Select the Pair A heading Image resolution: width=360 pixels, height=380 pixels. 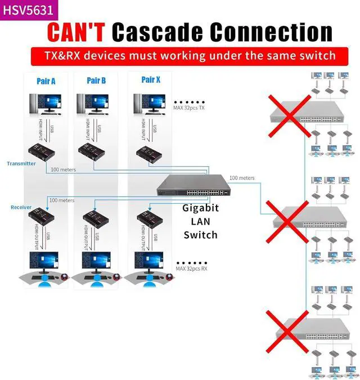coord(46,81)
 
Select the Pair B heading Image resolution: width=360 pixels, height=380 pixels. coord(96,81)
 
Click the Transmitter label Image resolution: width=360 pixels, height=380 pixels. coord(21,164)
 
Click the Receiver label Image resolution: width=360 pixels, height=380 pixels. coord(21,207)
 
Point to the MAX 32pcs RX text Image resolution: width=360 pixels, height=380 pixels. coord(192,269)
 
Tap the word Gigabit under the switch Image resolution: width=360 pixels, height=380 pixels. coord(200,208)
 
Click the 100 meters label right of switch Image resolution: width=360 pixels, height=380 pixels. coord(242,178)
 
